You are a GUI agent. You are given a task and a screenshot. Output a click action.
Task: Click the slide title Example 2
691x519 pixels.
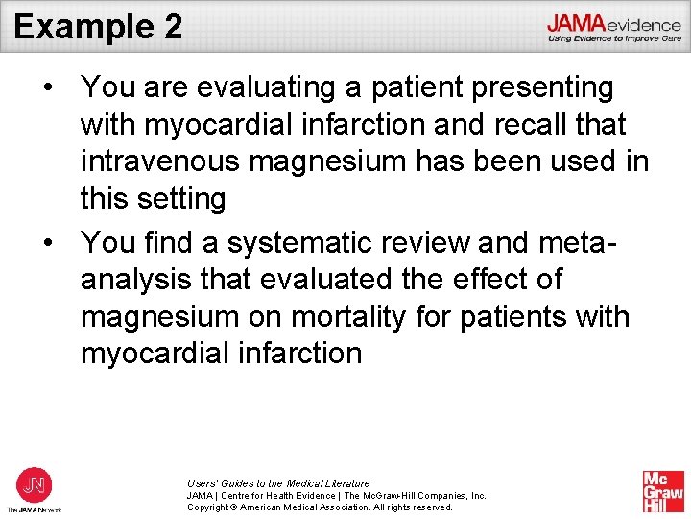(98, 26)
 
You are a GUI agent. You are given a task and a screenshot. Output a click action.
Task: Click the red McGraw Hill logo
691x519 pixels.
(663, 491)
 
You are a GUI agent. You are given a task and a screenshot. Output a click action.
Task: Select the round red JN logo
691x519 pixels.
(35, 483)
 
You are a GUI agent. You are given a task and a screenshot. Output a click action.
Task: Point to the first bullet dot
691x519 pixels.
(47, 87)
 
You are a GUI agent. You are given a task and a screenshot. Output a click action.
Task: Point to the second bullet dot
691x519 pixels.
(47, 243)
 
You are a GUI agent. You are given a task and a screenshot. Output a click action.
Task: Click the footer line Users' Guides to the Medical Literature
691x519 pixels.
(278, 483)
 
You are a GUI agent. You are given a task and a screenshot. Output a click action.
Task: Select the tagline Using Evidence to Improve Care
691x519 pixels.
(614, 38)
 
